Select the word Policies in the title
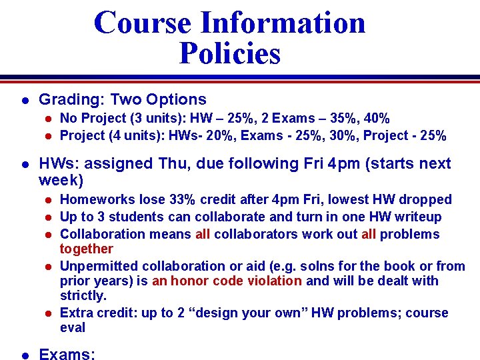tap(230, 53)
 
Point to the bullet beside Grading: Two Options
tap(24, 100)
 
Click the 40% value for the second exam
tap(375, 119)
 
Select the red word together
tap(87, 249)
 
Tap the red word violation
tap(275, 281)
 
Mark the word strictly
tap(83, 296)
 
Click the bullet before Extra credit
tap(48, 313)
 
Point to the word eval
tap(73, 328)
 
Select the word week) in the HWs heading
tap(61, 181)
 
